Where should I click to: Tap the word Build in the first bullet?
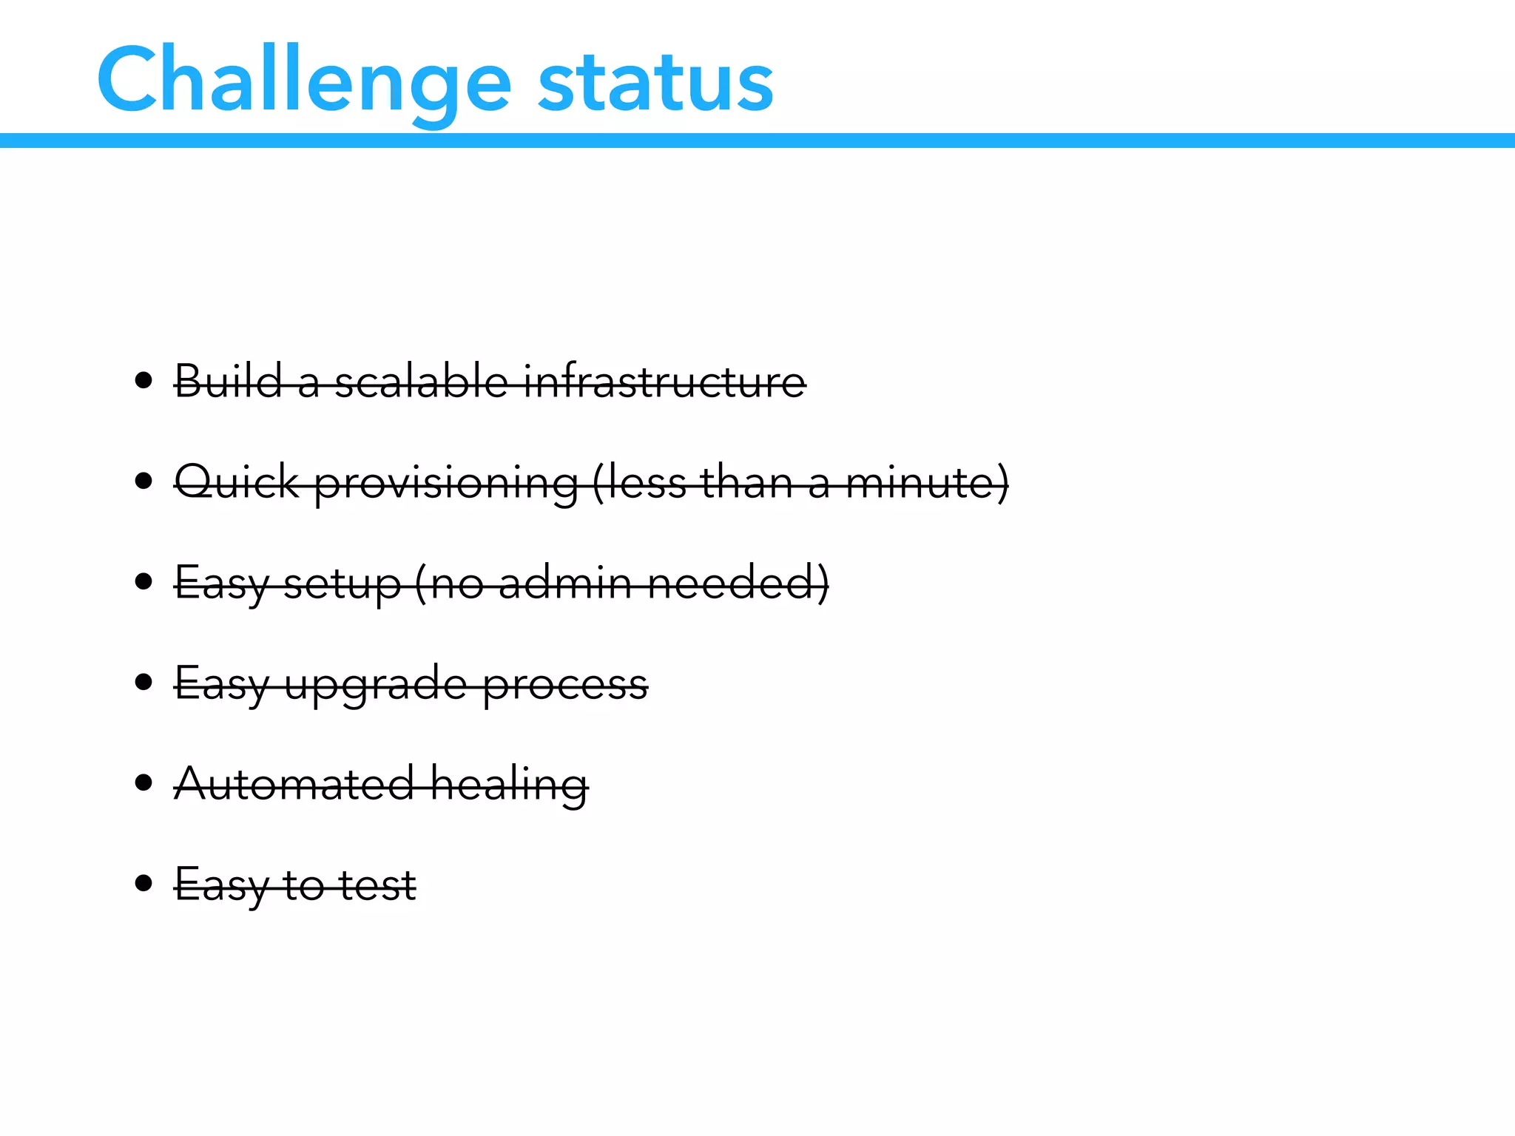pos(229,382)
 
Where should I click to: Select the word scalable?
pos(421,382)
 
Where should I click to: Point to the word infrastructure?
pos(665,382)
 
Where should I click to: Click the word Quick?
pos(237,482)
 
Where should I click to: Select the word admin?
pos(565,583)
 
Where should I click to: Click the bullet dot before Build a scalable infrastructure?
pos(144,382)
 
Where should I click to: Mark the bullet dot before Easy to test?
pos(144,883)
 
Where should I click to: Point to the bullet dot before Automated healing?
pos(144,782)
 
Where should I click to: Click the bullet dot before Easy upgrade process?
pos(144,682)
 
